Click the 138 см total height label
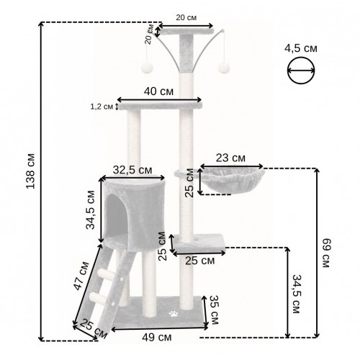pyautogui.click(x=30, y=171)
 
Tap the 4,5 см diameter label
pyautogui.click(x=301, y=48)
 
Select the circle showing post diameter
pyautogui.click(x=301, y=71)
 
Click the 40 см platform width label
pyautogui.click(x=158, y=91)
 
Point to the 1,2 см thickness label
pyautogui.click(x=102, y=107)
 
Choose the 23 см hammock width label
pyautogui.click(x=230, y=158)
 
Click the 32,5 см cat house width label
pyautogui.click(x=132, y=170)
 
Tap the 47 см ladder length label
pyautogui.click(x=81, y=276)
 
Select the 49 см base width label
pyautogui.click(x=157, y=338)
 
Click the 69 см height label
pyautogui.click(x=325, y=253)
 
